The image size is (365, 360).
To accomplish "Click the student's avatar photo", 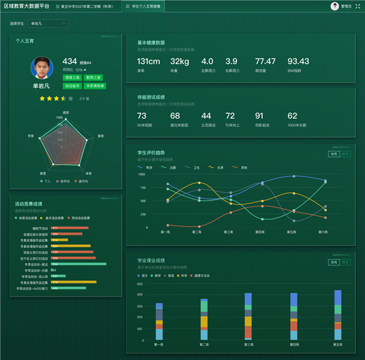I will [41, 69].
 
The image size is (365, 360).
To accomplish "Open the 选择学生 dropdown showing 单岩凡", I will [48, 24].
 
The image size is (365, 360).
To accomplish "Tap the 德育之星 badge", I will [72, 77].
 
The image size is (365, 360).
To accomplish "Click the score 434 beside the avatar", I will [70, 62].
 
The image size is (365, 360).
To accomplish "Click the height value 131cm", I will [148, 62].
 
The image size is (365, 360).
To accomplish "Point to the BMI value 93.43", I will [298, 62].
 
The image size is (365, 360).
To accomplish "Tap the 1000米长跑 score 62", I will [293, 116].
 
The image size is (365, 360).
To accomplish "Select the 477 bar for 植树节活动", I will [70, 228].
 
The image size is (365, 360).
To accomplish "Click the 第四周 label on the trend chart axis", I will [260, 232].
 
